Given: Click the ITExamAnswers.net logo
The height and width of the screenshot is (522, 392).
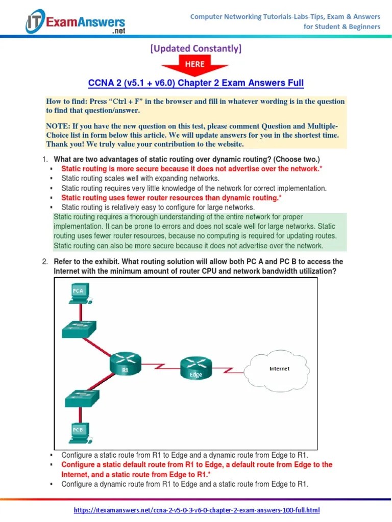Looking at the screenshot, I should click(75, 21).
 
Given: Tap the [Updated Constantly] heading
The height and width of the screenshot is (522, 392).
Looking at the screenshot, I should click(195, 48).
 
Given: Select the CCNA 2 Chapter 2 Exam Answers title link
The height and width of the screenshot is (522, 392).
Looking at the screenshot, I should click(196, 83).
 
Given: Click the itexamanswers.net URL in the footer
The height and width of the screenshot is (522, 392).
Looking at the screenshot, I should click(197, 510).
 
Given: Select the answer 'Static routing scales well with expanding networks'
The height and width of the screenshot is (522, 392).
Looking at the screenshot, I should click(140, 178).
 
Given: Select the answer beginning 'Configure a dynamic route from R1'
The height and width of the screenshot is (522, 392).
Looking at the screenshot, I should click(184, 484).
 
